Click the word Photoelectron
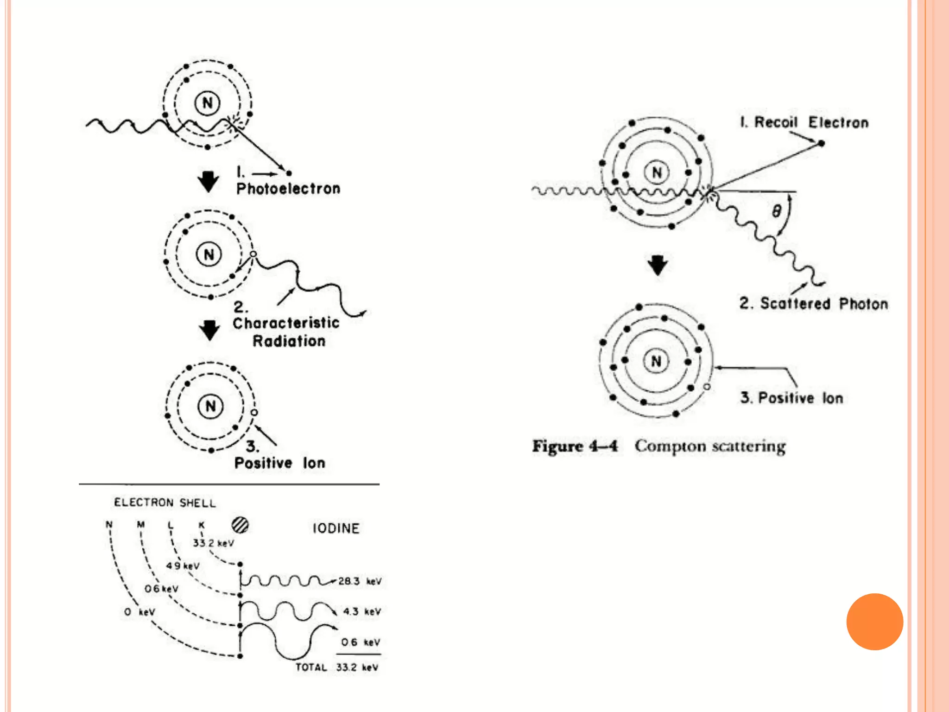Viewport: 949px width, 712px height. tap(288, 189)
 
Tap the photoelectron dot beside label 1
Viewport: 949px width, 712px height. tap(289, 173)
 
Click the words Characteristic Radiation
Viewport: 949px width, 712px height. tap(286, 332)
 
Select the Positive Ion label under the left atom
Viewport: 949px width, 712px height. tap(279, 463)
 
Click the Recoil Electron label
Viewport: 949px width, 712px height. tap(804, 122)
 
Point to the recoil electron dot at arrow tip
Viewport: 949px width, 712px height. tap(821, 143)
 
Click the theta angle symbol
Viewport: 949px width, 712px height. tap(776, 211)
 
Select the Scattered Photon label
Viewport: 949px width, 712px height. tap(814, 304)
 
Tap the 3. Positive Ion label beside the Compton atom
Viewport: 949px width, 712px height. tap(791, 398)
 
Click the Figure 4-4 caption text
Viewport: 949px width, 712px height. tap(658, 446)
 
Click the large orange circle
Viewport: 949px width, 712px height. tap(874, 622)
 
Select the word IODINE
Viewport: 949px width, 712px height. tap(336, 528)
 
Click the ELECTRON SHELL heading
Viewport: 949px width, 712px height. tap(164, 503)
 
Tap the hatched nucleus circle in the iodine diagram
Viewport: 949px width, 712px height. tap(240, 525)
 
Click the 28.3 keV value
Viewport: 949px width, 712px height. tap(360, 581)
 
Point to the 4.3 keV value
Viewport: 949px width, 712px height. tap(361, 611)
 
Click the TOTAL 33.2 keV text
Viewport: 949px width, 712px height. tap(337, 667)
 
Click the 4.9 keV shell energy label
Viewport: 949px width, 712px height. tap(183, 566)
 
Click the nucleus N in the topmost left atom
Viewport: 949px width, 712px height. tap(207, 103)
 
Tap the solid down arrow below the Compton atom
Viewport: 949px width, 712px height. tap(657, 265)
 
